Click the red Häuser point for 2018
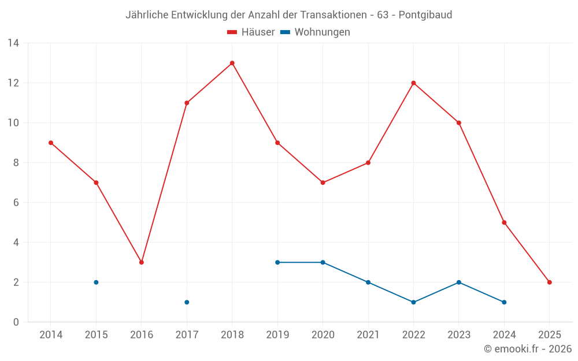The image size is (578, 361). [232, 63]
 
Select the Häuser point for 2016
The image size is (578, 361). [142, 262]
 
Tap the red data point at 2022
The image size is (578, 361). [413, 83]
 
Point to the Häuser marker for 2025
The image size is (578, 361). [549, 282]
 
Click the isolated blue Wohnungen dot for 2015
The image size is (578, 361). [96, 282]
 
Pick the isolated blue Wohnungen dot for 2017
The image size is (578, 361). [187, 302]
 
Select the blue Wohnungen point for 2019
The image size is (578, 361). [277, 262]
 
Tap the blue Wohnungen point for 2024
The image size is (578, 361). [504, 302]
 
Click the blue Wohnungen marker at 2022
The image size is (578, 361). [413, 302]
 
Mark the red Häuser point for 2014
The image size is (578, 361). [51, 143]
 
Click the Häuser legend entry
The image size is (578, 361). [251, 32]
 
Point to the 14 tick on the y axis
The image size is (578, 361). [13, 43]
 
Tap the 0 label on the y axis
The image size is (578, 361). [16, 322]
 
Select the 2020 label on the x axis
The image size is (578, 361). [323, 335]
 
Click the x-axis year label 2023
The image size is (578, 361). [458, 335]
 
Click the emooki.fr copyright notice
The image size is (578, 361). [528, 349]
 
